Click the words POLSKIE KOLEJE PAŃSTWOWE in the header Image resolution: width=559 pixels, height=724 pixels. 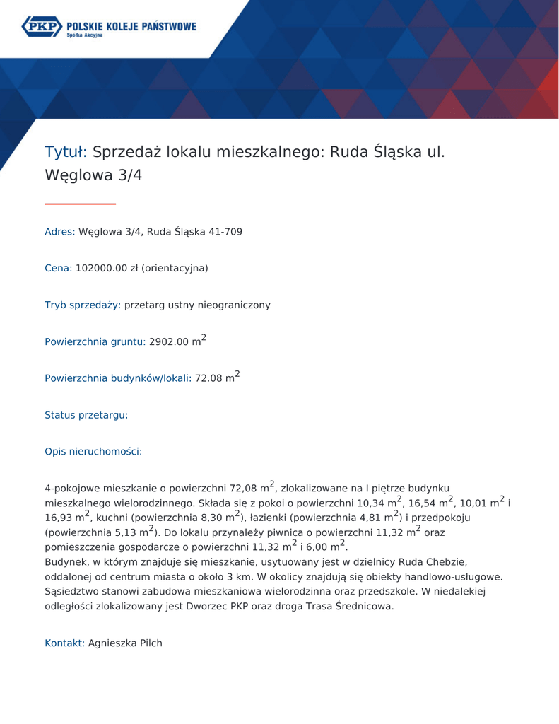pos(131,25)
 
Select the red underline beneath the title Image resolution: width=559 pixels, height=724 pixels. pos(80,204)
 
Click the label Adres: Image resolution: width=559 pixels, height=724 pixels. pos(59,231)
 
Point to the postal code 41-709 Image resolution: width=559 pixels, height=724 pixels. pos(225,231)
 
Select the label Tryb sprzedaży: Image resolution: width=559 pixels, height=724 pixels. pos(83,305)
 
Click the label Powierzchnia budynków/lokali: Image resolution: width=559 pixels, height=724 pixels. pos(118,378)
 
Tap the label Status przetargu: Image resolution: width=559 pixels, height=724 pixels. pos(86,415)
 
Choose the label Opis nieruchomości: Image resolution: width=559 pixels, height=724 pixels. pos(93,451)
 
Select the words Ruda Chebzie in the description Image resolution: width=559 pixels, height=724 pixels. pos(432,562)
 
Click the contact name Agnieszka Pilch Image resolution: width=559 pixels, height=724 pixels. pos(125,643)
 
